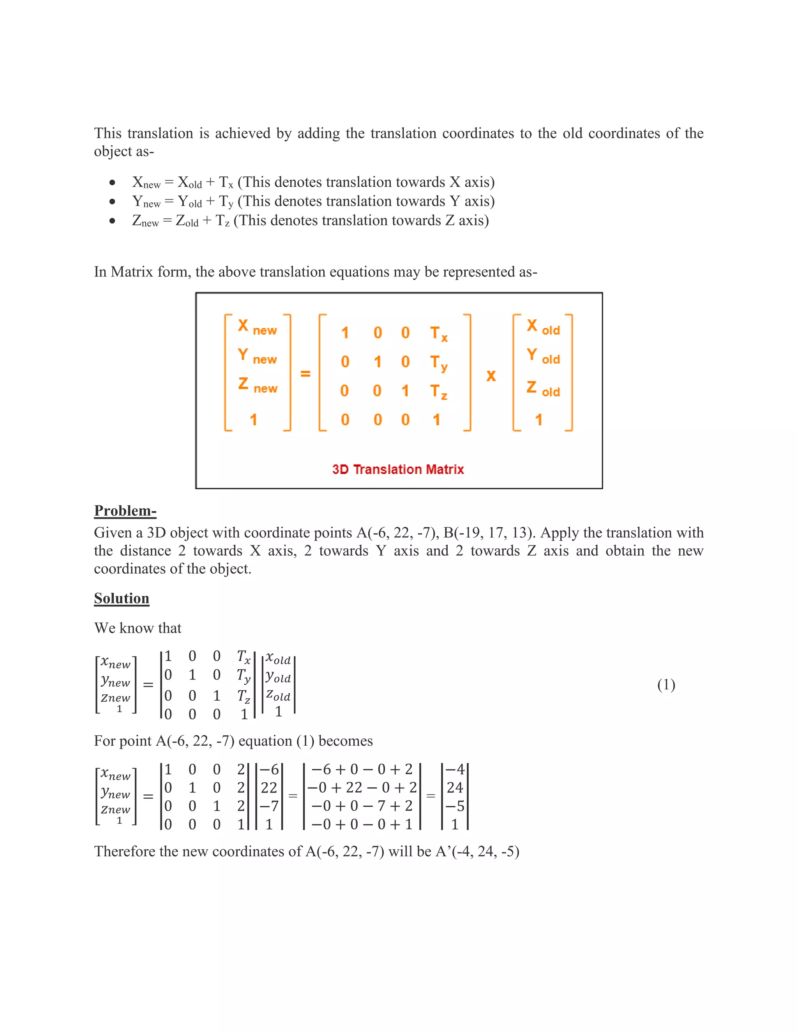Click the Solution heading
122,598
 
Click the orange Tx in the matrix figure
438,334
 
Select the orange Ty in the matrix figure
438,363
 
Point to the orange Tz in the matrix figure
438,392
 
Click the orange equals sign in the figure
305,374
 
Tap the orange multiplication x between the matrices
491,376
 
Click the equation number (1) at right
666,685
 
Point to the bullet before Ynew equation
112,202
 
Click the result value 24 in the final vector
455,788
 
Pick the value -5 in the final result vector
455,806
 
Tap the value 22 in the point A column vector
268,788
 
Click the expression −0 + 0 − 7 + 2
362,806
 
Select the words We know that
138,628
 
